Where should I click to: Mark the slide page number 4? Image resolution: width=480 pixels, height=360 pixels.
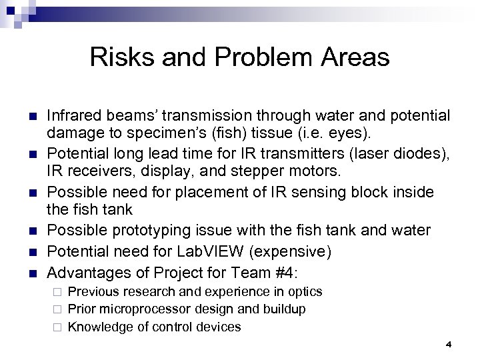tap(448, 344)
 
